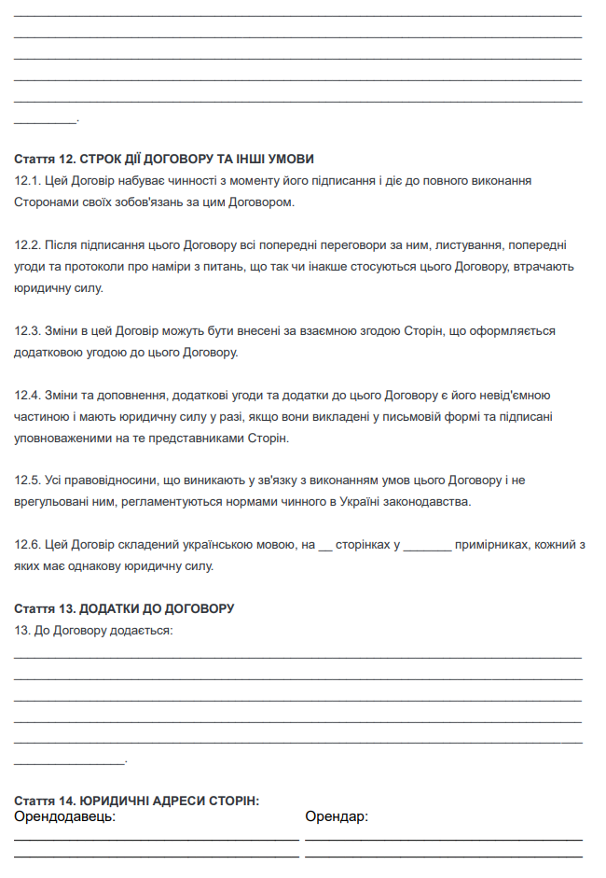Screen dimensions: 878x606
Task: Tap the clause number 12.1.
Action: click(27, 180)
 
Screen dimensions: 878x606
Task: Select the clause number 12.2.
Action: click(27, 245)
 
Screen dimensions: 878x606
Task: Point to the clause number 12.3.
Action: click(27, 331)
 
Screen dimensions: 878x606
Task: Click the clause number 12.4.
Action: click(27, 396)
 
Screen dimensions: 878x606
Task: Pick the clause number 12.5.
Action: click(27, 481)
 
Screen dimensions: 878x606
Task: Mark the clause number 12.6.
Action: click(27, 545)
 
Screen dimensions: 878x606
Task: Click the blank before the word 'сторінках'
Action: click(325, 547)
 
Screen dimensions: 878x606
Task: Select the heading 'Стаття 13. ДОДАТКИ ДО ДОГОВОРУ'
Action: click(124, 609)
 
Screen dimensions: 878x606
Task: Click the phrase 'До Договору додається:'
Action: click(103, 631)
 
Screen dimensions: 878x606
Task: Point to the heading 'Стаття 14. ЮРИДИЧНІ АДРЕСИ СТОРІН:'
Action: click(137, 801)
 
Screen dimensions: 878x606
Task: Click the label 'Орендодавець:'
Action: click(65, 817)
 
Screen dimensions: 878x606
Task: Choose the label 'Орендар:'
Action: click(337, 817)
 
